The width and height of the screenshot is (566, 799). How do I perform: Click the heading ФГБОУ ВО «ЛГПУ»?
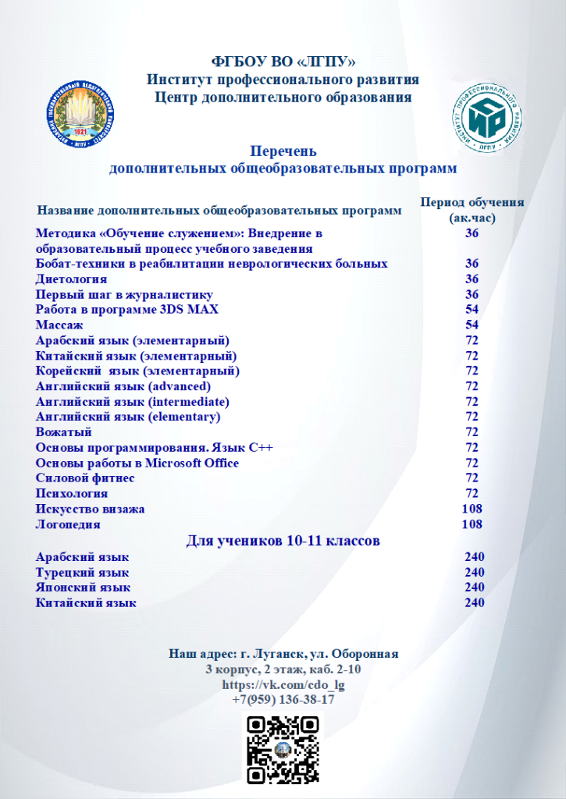283,62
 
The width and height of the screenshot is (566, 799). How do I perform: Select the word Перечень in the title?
283,151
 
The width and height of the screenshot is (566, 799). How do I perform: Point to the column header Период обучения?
472,202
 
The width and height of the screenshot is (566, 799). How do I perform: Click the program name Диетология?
72,279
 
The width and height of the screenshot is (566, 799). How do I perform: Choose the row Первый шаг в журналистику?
124,294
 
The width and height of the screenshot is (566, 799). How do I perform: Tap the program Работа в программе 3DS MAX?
127,309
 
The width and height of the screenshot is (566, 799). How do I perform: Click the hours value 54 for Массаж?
472,325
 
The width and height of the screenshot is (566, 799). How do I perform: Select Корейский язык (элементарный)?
137,371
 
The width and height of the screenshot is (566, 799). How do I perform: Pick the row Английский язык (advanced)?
123,386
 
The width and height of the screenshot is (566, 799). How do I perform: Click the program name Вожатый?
64,432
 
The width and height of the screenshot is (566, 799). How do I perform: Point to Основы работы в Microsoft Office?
137,463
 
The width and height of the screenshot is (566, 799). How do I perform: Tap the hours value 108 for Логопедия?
472,524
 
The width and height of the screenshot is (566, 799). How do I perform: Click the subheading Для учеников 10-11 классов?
283,541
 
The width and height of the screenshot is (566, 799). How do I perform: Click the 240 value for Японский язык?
474,588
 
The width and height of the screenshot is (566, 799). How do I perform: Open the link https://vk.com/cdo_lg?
283,684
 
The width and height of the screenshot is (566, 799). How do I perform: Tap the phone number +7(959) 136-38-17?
283,699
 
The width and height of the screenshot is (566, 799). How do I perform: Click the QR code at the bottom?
283,750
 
